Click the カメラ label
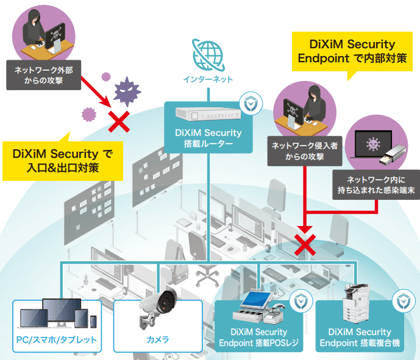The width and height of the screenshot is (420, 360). pyautogui.click(x=158, y=341)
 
